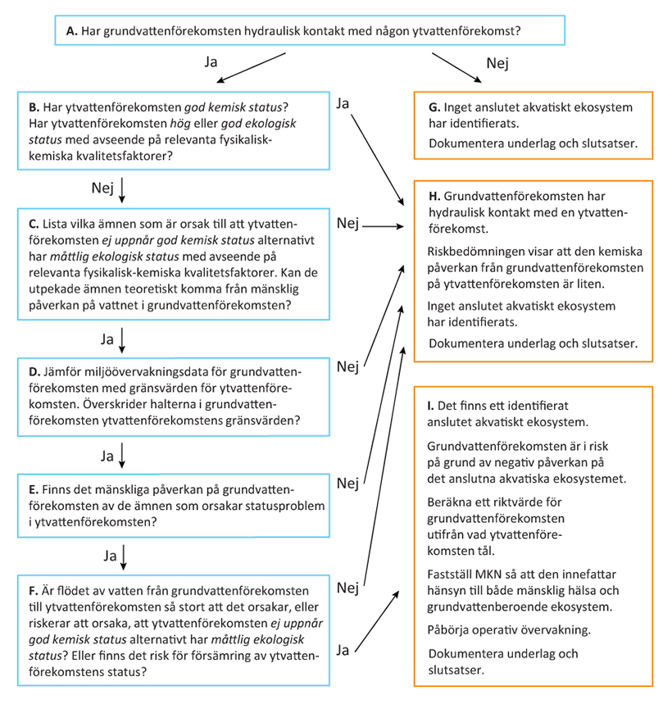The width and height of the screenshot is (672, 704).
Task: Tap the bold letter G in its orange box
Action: click(434, 107)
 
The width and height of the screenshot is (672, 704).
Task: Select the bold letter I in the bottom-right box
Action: click(431, 405)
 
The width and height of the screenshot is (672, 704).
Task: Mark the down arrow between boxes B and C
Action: click(122, 189)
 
